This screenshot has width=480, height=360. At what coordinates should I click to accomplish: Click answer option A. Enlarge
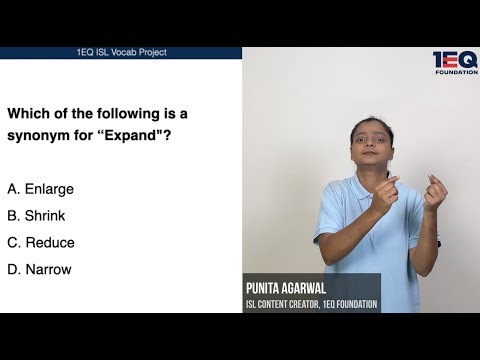40,188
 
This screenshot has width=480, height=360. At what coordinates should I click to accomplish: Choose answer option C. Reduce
41,242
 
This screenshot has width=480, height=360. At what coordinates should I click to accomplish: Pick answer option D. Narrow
39,269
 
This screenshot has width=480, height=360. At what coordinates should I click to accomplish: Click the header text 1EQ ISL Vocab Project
120,52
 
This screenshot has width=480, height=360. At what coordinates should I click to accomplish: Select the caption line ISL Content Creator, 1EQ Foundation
311,304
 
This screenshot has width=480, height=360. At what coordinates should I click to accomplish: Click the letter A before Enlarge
11,188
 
